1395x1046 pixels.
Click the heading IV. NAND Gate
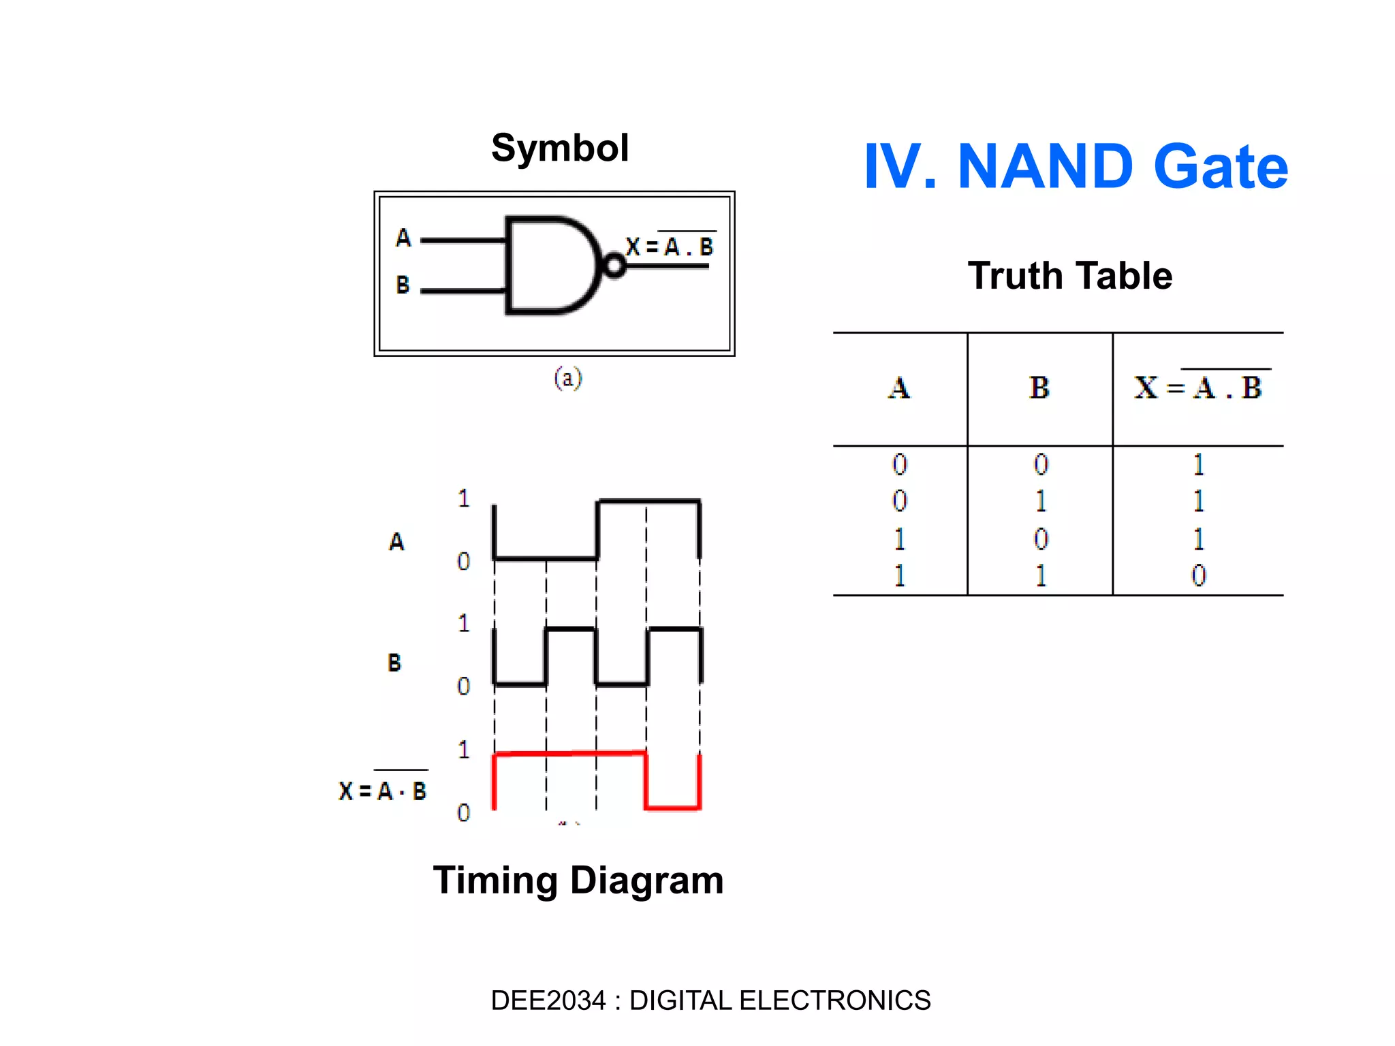click(1075, 167)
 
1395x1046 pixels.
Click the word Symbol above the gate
click(560, 148)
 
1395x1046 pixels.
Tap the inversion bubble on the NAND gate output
click(614, 266)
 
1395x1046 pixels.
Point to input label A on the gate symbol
click(403, 238)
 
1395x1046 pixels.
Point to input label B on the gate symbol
click(403, 285)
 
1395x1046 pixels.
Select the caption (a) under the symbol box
click(567, 378)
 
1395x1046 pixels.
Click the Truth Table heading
click(1069, 276)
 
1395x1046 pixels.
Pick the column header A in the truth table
click(899, 388)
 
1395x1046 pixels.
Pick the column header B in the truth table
click(1039, 388)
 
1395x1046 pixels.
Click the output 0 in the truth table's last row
click(1198, 576)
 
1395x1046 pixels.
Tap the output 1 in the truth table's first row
click(1198, 465)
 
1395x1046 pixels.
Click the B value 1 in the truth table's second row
click(1040, 502)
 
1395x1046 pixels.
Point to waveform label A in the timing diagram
click(396, 542)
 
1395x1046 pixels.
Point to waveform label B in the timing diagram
click(394, 663)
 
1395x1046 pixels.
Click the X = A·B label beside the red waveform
click(383, 790)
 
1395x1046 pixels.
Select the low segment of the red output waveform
click(672, 808)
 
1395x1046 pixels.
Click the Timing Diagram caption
click(578, 880)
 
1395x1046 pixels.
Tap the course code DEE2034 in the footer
click(548, 1000)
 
